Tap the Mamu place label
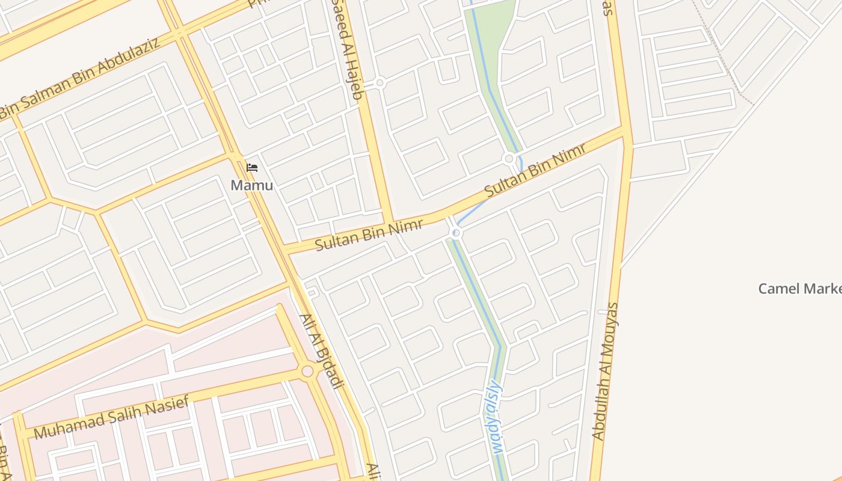(x=251, y=185)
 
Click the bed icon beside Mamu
(x=252, y=168)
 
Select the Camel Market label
(x=799, y=289)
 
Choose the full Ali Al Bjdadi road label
(x=321, y=351)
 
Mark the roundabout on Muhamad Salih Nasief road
(x=307, y=371)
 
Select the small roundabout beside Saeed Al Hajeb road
(x=380, y=83)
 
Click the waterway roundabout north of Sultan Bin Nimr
(x=509, y=159)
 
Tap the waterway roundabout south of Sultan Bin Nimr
(x=456, y=233)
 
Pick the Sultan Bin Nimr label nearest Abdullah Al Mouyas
(x=535, y=169)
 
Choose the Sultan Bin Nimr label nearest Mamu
(x=369, y=235)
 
